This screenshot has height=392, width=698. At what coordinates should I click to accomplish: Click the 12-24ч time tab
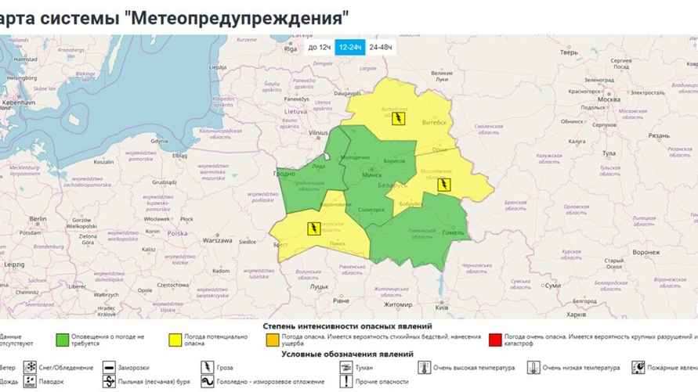point(349,48)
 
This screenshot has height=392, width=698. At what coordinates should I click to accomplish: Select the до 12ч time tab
point(319,48)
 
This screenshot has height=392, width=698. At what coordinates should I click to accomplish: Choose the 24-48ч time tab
point(381,48)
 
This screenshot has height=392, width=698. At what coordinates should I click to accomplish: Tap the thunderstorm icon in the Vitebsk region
point(399,119)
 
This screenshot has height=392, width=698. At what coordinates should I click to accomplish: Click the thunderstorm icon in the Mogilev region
point(444,185)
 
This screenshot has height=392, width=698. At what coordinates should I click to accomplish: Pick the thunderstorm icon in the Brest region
point(313,228)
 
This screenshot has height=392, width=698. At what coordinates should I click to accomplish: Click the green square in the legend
point(61,340)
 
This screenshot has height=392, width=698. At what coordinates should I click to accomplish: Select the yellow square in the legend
point(175,340)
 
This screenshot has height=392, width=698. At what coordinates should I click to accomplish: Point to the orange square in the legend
point(273,340)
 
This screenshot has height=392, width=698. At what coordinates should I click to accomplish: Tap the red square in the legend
point(494,340)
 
